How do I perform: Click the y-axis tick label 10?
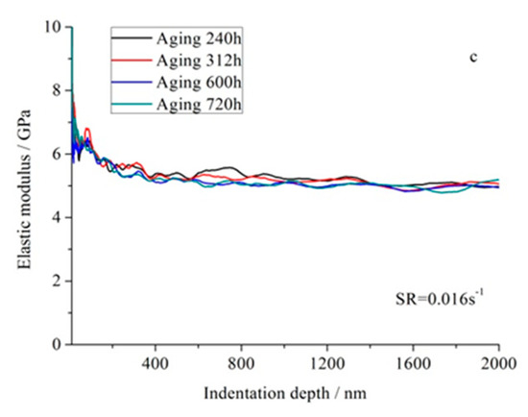[x=54, y=27]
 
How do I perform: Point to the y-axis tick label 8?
[x=58, y=90]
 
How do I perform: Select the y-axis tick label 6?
[x=58, y=154]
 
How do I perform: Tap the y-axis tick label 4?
[x=58, y=217]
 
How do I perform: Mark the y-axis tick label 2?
[x=58, y=281]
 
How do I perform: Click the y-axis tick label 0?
[x=58, y=344]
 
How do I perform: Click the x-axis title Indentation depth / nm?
[x=284, y=393]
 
